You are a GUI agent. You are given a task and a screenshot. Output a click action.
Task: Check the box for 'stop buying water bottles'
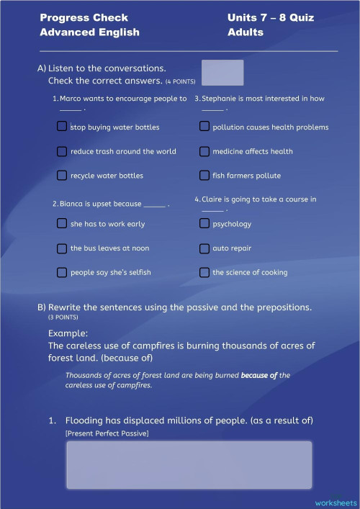pyautogui.click(x=62, y=127)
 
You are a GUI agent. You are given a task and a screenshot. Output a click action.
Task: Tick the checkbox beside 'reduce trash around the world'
pyautogui.click(x=62, y=151)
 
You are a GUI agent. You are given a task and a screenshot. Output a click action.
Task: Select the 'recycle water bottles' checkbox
pyautogui.click(x=62, y=175)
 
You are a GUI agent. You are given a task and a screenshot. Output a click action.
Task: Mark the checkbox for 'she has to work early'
pyautogui.click(x=62, y=223)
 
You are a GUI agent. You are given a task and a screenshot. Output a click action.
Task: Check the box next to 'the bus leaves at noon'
pyautogui.click(x=62, y=248)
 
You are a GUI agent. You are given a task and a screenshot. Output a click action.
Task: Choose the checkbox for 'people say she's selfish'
pyautogui.click(x=62, y=272)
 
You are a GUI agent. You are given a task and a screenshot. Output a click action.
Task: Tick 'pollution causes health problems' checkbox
pyautogui.click(x=204, y=127)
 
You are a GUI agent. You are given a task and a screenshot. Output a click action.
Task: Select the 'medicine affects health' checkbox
pyautogui.click(x=204, y=151)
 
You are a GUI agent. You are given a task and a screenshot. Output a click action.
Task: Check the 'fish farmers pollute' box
pyautogui.click(x=204, y=175)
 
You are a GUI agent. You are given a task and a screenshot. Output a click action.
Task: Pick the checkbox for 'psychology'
pyautogui.click(x=204, y=223)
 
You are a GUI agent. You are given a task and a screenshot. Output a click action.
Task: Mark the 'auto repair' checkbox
pyautogui.click(x=204, y=248)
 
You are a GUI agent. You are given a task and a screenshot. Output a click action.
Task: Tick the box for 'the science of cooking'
pyautogui.click(x=204, y=272)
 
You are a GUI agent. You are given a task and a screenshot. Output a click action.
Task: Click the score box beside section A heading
pyautogui.click(x=222, y=73)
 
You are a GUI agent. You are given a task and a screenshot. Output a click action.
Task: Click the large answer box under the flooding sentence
pyautogui.click(x=189, y=464)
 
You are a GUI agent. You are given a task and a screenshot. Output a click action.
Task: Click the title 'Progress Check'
pyautogui.click(x=84, y=17)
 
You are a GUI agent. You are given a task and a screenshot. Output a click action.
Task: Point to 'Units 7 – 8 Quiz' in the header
pyautogui.click(x=270, y=17)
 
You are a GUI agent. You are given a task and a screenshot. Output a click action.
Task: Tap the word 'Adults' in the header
pyautogui.click(x=245, y=32)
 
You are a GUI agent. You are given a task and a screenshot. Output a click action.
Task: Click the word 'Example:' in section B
pyautogui.click(x=68, y=333)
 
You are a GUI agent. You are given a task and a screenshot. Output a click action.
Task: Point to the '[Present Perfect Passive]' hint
pyautogui.click(x=107, y=433)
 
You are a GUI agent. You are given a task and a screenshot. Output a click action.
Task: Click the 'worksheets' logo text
pyautogui.click(x=336, y=502)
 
